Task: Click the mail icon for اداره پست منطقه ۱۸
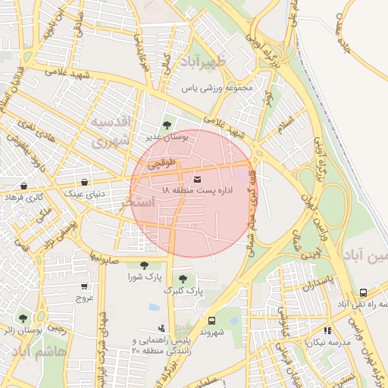coord(198,179)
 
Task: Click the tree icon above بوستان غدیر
coord(167,125)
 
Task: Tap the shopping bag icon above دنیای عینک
coord(84,182)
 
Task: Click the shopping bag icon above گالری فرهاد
coord(24,186)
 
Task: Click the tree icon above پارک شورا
coord(144,264)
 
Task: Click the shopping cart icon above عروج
coord(83,286)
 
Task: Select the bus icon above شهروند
coord(211,321)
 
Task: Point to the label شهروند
coord(214,332)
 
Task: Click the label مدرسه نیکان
coord(328,342)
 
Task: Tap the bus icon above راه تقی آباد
coord(364,293)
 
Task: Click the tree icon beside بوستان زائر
coord(23,318)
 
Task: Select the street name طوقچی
coord(163,162)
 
